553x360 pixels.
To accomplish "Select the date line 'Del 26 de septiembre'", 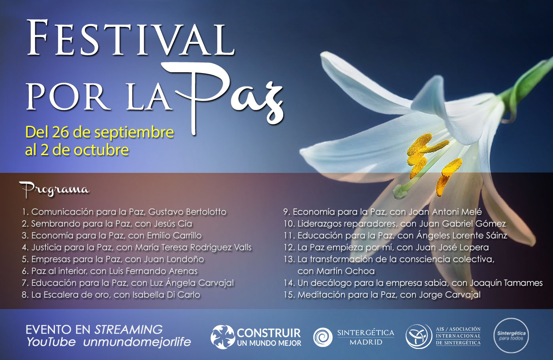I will [x=100, y=132].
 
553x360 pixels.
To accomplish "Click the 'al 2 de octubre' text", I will [x=77, y=150].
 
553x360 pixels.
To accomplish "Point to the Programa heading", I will [x=55, y=189].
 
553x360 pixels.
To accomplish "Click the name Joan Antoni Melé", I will [x=445, y=212].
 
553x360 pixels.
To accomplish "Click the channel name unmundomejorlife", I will [x=137, y=342].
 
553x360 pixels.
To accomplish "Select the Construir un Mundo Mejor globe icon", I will [x=222, y=337].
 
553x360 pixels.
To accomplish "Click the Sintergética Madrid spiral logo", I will [x=323, y=337].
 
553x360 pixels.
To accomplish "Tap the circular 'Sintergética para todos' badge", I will [x=511, y=336].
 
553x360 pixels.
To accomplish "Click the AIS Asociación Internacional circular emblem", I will [x=419, y=336].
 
